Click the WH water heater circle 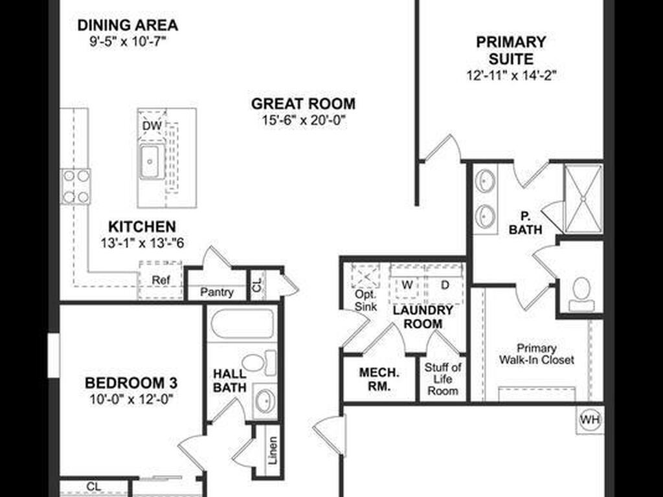(590, 419)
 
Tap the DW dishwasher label (152, 126)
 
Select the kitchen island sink (150, 161)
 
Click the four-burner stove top (76, 186)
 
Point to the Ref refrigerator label (161, 280)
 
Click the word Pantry (217, 292)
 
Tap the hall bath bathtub (242, 324)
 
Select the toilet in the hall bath (258, 362)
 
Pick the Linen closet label (273, 450)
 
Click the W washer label (407, 285)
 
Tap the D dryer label (445, 285)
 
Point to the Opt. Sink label (366, 300)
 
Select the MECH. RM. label (379, 379)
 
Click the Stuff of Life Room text (443, 379)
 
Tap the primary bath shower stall (583, 199)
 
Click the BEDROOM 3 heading (131, 383)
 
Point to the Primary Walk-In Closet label (537, 354)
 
